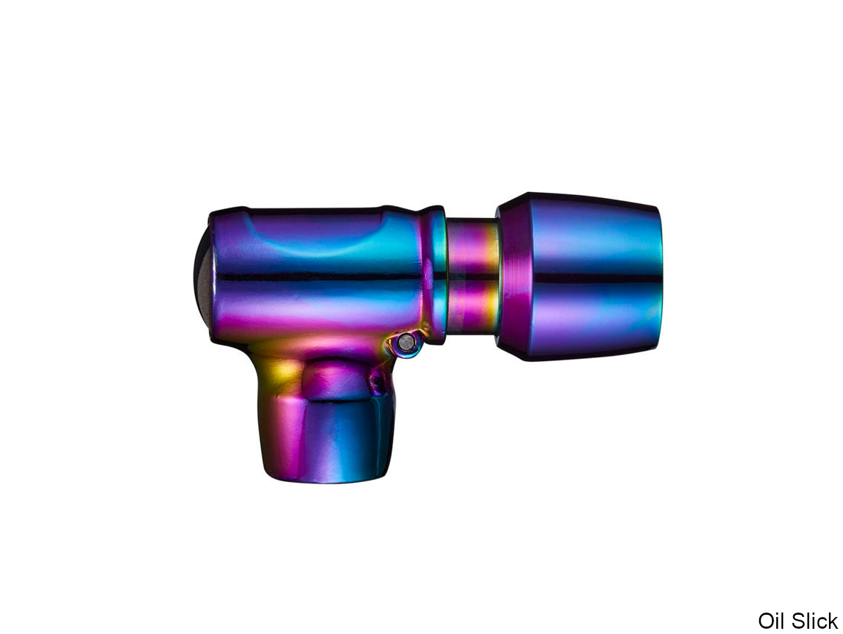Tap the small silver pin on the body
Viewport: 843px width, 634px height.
[x=407, y=341]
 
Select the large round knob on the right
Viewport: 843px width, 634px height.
[x=580, y=277]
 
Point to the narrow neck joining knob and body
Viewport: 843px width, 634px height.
[x=472, y=277]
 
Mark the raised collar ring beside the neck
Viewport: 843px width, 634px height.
[x=433, y=275]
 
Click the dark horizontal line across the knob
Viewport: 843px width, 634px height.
[x=597, y=278]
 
